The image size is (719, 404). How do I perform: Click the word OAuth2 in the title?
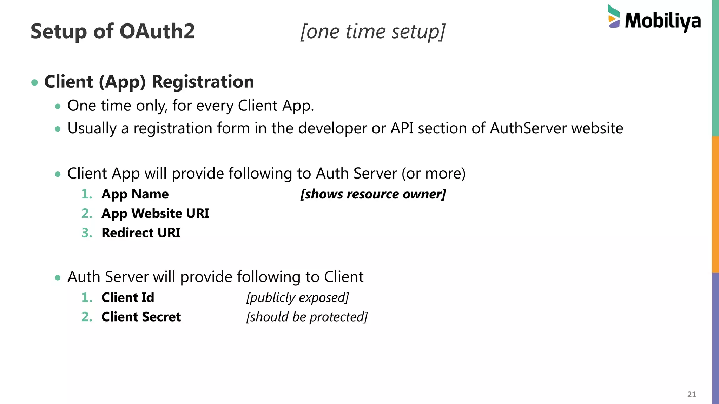point(157,31)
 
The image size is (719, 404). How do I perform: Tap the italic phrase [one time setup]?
point(373,32)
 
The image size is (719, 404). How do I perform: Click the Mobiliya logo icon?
point(614,16)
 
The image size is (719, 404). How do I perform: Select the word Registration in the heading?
point(203,82)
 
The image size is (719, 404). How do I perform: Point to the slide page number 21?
point(691,394)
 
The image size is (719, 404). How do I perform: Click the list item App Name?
point(135,194)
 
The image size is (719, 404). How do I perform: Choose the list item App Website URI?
point(155,213)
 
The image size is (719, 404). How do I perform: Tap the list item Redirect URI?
point(140,233)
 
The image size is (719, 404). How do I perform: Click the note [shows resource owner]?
point(373,194)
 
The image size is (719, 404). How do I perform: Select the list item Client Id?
point(127,297)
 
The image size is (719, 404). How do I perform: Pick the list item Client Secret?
point(141,317)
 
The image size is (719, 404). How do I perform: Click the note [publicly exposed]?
point(297,297)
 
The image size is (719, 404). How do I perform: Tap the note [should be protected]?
point(307,317)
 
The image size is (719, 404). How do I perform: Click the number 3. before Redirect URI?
point(87,233)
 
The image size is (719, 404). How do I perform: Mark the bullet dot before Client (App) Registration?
point(34,83)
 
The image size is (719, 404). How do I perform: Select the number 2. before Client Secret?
point(87,317)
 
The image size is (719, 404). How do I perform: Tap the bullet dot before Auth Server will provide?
point(58,278)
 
